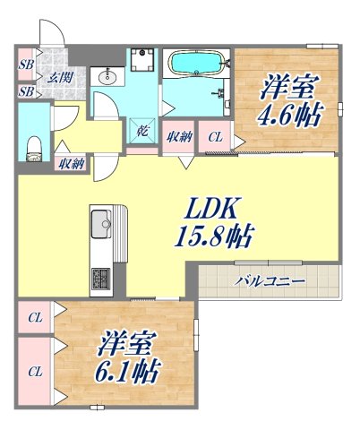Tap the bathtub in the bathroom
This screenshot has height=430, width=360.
(x=196, y=64)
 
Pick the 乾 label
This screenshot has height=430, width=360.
(x=143, y=133)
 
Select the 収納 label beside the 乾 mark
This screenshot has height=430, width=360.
(x=178, y=137)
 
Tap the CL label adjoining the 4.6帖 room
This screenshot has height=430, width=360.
(x=215, y=137)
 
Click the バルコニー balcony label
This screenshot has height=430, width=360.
(x=270, y=281)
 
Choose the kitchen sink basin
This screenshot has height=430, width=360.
(x=99, y=220)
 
